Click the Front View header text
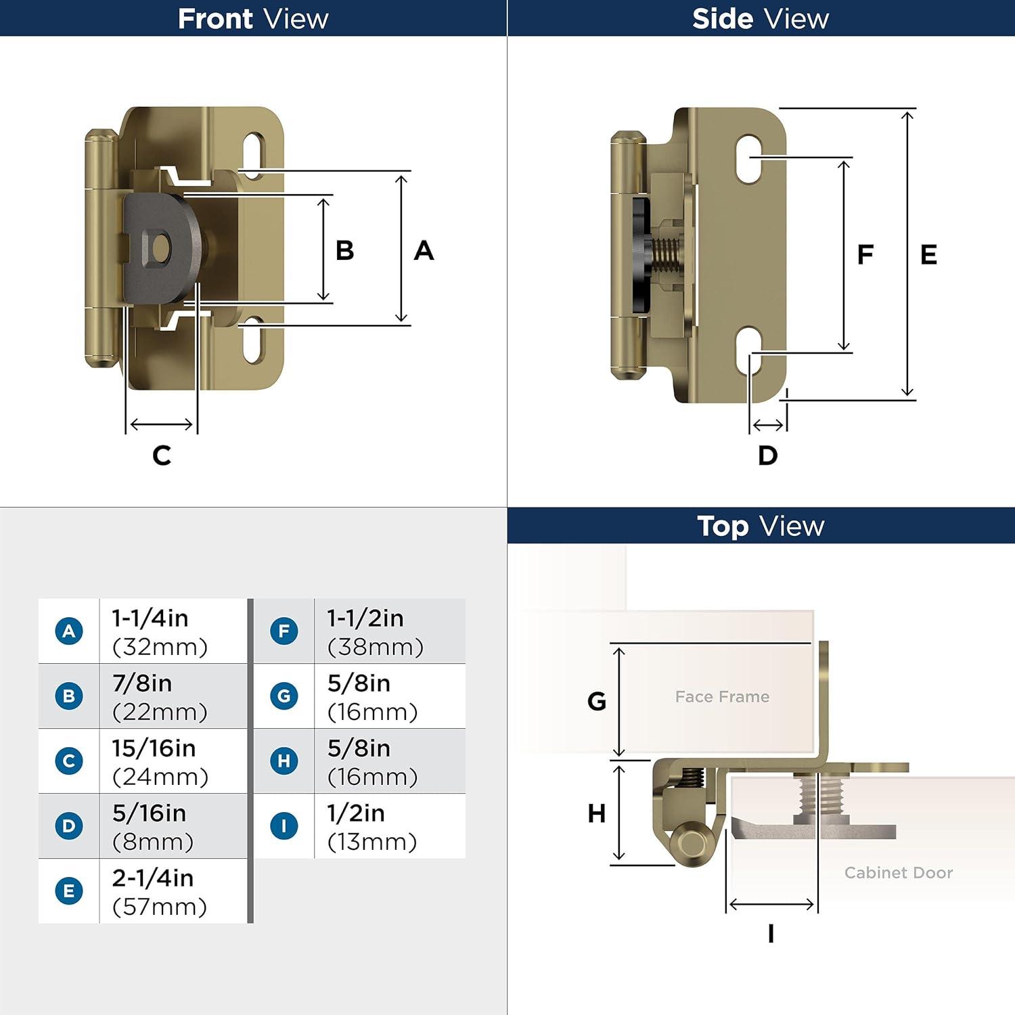(253, 18)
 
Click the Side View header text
(760, 18)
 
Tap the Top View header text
(761, 526)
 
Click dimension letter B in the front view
(344, 250)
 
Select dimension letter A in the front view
(424, 250)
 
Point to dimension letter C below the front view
(162, 455)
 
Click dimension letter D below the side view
(767, 455)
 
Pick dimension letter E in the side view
(928, 254)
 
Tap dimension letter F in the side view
(865, 254)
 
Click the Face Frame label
(722, 696)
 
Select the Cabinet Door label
(898, 872)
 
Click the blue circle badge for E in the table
(69, 890)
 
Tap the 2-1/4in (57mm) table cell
(160, 891)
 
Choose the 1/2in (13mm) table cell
(372, 826)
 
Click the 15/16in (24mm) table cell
(160, 761)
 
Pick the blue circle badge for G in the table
(284, 696)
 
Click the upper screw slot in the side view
(749, 159)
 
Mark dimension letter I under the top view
(771, 934)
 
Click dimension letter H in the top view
(596, 813)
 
